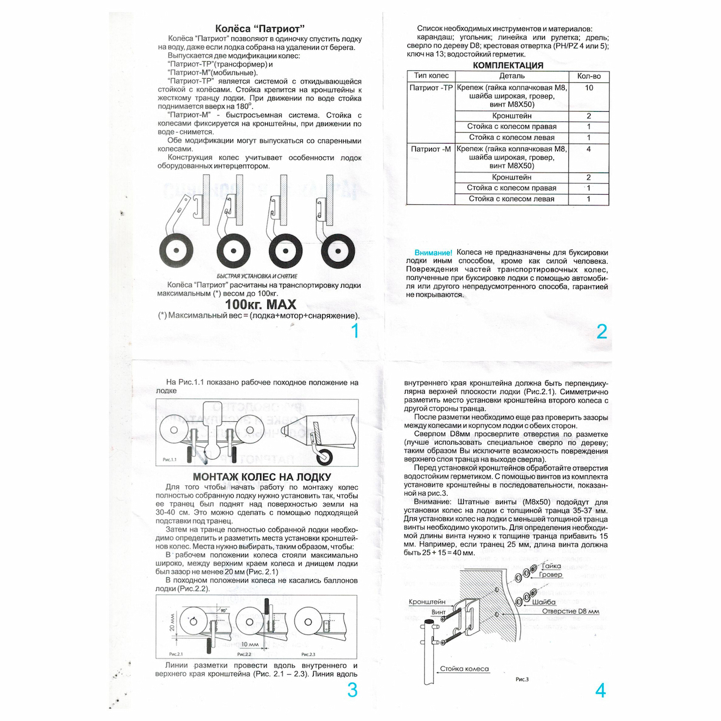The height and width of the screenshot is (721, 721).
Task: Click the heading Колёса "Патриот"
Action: pos(260,28)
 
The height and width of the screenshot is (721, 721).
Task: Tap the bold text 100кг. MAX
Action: pos(260,304)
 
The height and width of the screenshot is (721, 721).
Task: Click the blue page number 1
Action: pos(354,331)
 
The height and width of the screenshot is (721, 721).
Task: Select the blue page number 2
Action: pos(601,332)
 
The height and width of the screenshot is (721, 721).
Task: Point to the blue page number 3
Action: pos(353,690)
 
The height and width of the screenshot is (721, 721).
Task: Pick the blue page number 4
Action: pos(600,691)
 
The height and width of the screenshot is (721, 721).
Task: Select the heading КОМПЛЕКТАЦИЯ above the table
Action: pos(508,65)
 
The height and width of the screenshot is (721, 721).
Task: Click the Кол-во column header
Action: pos(589,76)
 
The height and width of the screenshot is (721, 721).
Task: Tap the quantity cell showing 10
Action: pos(589,88)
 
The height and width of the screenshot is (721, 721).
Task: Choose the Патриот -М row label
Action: pos(431,149)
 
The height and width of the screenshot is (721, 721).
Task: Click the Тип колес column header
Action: pos(431,76)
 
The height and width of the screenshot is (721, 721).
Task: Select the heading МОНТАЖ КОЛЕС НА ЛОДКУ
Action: pos(262,477)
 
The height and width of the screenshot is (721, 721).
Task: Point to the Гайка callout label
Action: pos(551,566)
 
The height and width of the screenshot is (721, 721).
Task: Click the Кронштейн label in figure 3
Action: pos(427,601)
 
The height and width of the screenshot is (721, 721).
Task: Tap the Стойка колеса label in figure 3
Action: pos(464,669)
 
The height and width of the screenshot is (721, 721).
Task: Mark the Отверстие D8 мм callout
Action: pos(571,611)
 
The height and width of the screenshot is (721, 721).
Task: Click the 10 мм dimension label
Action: pos(249,644)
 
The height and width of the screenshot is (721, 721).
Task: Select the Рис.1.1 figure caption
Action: pos(169,460)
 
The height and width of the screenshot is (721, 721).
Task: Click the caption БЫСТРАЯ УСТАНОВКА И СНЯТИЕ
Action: pos(257,276)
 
